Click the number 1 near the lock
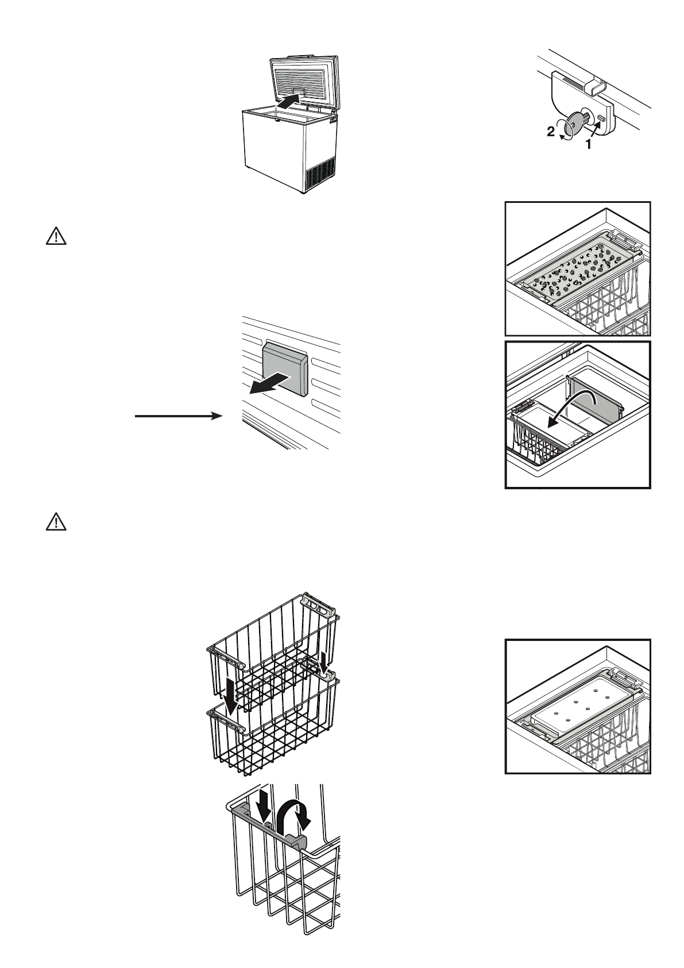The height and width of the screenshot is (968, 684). (588, 145)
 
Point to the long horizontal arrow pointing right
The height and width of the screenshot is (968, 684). (179, 416)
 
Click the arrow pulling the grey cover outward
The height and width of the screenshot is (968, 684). (268, 382)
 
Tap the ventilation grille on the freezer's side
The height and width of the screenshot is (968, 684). (319, 172)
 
